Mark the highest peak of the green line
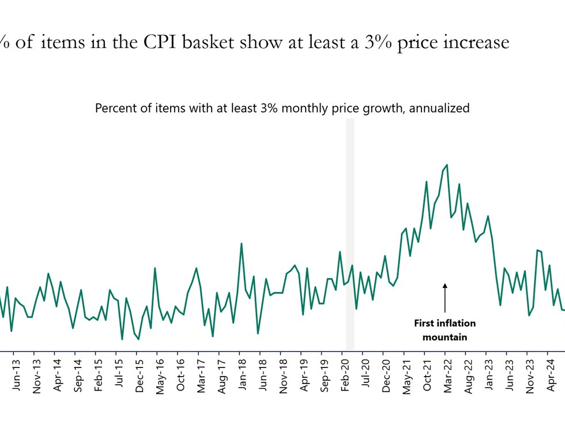[447, 165]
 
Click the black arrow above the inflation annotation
[445, 296]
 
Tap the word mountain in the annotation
[445, 337]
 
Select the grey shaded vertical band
[350, 231]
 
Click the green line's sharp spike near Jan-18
[241, 243]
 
